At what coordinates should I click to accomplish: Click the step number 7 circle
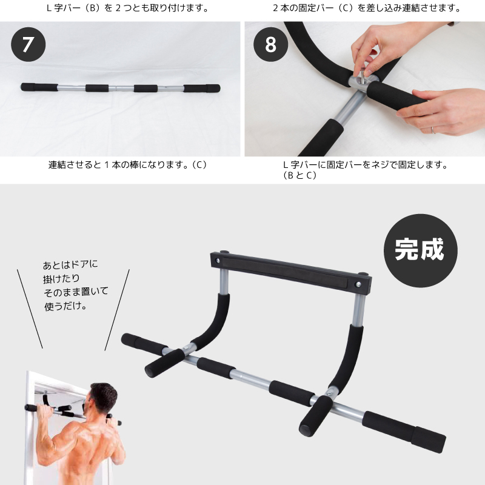tap(28, 44)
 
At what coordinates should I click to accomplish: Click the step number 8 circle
tap(270, 44)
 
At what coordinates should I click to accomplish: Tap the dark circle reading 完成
tap(420, 250)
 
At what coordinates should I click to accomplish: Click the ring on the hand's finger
tap(433, 130)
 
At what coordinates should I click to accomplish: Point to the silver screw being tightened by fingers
tap(361, 77)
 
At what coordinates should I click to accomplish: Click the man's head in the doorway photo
tap(102, 398)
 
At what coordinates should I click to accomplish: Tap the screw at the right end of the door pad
tap(358, 284)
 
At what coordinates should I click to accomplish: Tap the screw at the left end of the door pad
tap(218, 261)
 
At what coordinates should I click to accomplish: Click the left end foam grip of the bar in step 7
tap(39, 87)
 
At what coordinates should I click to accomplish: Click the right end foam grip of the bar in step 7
tap(202, 89)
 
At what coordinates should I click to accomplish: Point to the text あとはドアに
tap(70, 264)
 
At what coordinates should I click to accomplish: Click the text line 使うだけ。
tap(65, 306)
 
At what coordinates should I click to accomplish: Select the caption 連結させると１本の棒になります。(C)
tap(128, 164)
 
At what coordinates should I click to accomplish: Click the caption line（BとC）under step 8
tap(299, 175)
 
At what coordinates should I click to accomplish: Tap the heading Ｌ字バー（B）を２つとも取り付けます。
tap(128, 8)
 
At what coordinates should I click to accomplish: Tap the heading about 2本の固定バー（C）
tap(367, 8)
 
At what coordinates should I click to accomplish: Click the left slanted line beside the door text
tap(30, 309)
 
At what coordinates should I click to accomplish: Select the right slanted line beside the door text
tap(117, 310)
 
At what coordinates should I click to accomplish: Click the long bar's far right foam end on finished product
tap(428, 440)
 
